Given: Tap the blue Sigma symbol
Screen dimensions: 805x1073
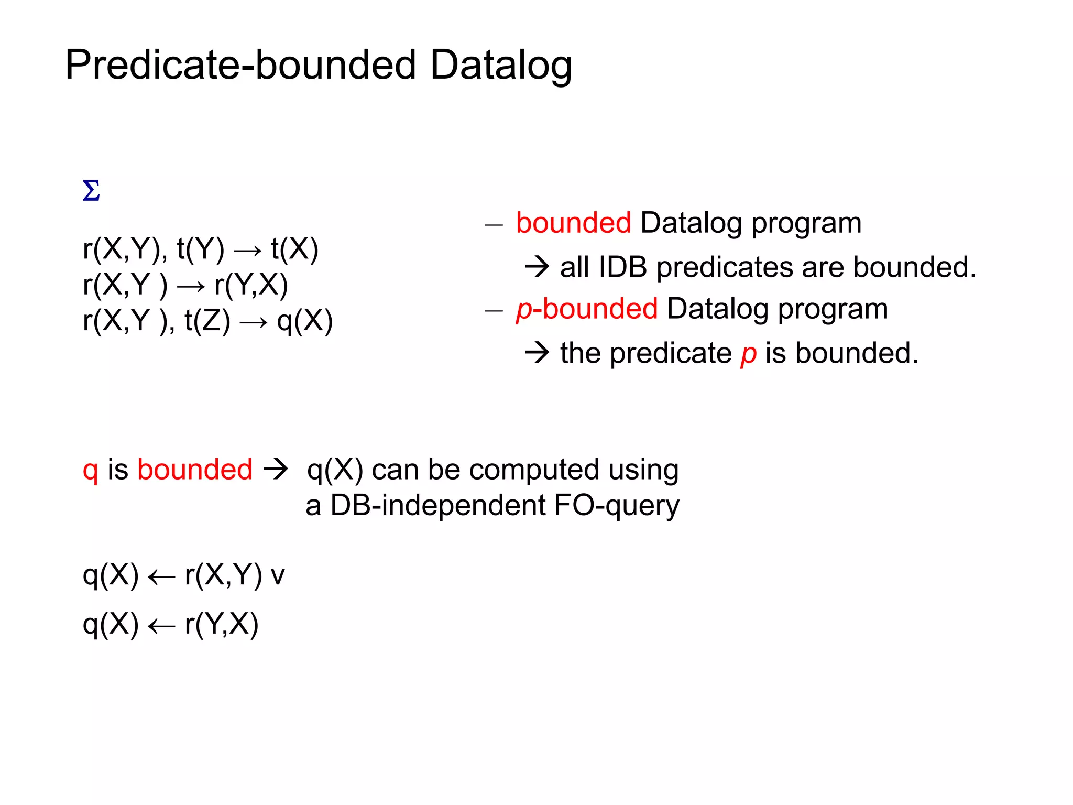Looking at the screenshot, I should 91,191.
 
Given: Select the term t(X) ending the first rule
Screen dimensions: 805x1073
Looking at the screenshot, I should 294,249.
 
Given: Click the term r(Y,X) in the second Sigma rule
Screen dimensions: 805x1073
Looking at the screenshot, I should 251,285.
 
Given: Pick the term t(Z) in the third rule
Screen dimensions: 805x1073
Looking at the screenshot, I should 207,321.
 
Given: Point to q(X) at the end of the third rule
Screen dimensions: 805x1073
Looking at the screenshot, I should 304,321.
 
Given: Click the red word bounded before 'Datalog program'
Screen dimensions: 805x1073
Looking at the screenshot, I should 573,223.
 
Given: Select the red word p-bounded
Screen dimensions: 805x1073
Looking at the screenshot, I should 587,309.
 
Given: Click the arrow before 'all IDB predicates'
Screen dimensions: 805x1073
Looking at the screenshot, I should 536,267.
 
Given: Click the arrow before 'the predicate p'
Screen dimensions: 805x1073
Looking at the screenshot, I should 536,353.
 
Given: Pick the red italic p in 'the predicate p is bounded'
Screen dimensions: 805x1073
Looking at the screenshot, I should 748,354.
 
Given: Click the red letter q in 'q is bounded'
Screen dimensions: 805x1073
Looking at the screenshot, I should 90,470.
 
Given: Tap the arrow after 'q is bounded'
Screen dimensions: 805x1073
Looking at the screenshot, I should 276,469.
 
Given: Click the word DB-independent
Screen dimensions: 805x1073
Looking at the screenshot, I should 438,506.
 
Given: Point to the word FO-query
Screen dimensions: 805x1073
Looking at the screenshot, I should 616,506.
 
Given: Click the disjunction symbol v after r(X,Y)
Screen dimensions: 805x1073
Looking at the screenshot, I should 277,576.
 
